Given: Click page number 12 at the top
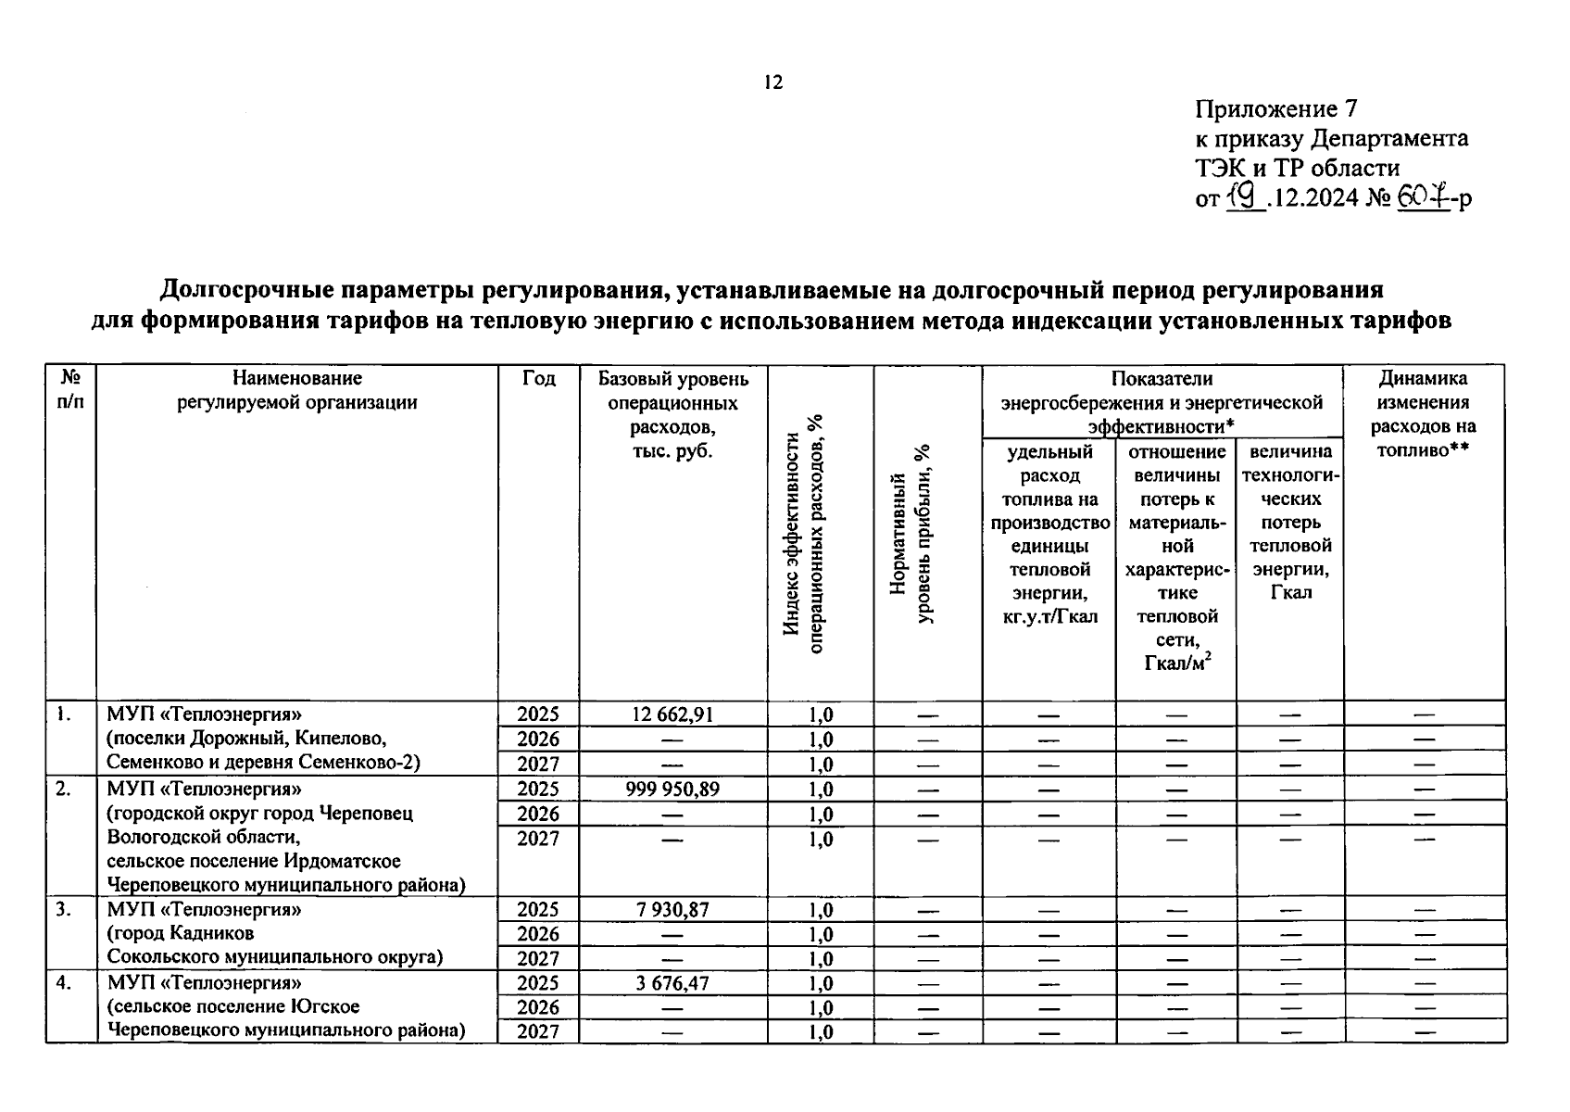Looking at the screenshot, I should click(x=773, y=82).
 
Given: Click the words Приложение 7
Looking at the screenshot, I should click(x=1275, y=109).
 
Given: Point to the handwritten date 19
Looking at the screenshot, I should click(x=1245, y=196).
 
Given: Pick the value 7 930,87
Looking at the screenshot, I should click(x=672, y=910).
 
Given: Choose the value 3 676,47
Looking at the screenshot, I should click(x=672, y=982).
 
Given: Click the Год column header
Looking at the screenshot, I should click(x=538, y=378).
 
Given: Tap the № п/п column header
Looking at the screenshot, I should click(x=70, y=389).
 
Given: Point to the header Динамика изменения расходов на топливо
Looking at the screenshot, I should click(x=1423, y=413).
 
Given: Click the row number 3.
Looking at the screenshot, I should click(x=63, y=910).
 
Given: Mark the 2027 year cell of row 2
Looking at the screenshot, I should click(x=538, y=839).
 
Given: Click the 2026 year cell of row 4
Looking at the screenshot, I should click(x=538, y=1007).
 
